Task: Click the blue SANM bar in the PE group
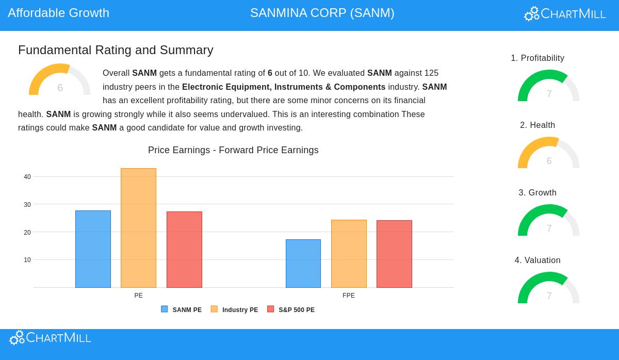tap(93, 249)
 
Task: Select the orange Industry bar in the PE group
tap(138, 228)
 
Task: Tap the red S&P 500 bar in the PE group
tap(184, 250)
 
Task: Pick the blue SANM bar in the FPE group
tap(303, 264)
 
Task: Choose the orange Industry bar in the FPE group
tap(349, 254)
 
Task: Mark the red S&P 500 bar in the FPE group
tap(394, 254)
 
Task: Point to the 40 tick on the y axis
tap(27, 177)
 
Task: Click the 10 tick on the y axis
tap(27, 260)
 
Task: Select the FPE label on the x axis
tap(349, 296)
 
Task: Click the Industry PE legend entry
tap(235, 310)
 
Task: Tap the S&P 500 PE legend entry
tap(291, 310)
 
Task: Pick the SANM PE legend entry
tap(182, 310)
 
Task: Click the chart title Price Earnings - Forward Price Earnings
tap(233, 150)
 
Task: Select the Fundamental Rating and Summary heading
tap(116, 50)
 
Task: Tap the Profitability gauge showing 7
tap(549, 86)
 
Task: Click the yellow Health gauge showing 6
tap(549, 153)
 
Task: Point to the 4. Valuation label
tap(537, 260)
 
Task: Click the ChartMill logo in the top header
tap(565, 14)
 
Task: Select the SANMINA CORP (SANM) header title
tap(322, 13)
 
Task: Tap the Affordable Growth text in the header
tap(59, 13)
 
